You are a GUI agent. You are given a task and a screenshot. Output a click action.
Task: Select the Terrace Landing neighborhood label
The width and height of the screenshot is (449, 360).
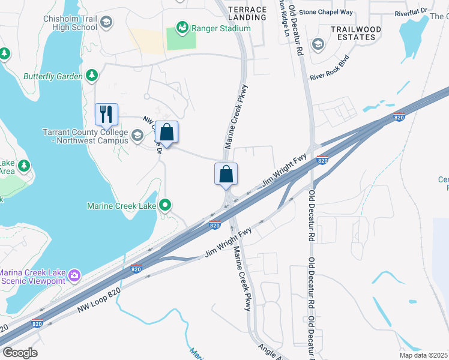247,13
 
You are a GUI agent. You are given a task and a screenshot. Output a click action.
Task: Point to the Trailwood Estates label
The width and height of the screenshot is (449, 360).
355,32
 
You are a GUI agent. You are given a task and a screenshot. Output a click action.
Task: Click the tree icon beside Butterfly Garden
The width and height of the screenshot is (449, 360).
91,75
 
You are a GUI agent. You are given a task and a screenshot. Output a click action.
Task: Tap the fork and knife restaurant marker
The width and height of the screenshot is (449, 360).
107,114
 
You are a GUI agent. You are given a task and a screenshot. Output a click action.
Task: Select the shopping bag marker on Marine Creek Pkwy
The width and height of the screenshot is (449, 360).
226,173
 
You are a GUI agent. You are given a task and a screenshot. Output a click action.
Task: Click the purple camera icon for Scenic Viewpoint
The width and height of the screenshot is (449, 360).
74,275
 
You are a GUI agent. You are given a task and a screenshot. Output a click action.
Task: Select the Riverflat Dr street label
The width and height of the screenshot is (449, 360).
411,11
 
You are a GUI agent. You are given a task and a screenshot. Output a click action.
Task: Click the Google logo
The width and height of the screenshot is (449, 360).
20,353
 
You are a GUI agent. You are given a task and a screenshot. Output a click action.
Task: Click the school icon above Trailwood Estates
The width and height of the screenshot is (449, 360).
317,44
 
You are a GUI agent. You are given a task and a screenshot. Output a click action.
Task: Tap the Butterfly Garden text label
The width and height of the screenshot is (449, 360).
53,76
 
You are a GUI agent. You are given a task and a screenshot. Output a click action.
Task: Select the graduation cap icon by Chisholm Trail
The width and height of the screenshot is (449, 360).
106,23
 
